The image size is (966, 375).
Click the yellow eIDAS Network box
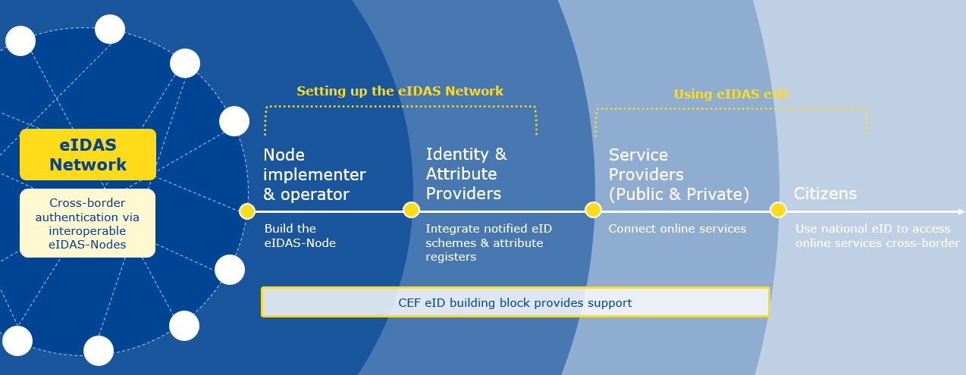tap(88, 155)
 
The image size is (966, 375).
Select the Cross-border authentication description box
tap(87, 223)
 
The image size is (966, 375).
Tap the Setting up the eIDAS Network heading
tap(400, 91)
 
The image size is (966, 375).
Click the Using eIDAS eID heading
tap(731, 94)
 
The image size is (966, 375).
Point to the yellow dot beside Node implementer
tap(247, 211)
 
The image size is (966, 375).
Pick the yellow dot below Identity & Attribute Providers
tap(412, 210)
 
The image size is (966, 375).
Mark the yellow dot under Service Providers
tap(594, 210)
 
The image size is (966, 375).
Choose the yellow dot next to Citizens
tap(778, 210)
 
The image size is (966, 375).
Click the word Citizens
tap(825, 193)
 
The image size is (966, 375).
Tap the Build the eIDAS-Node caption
tap(300, 236)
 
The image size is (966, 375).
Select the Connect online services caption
tap(677, 229)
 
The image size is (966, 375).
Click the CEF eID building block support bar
tap(516, 302)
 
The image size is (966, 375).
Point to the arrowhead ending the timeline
tap(961, 211)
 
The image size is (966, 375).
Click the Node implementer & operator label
tap(315, 174)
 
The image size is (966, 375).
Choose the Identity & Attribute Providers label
tap(466, 173)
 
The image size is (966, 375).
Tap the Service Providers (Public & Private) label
tap(679, 174)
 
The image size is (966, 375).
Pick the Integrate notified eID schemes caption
tap(488, 242)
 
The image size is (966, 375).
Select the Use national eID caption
tap(877, 236)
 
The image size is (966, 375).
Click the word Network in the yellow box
tap(88, 164)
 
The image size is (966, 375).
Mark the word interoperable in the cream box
tap(87, 230)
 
